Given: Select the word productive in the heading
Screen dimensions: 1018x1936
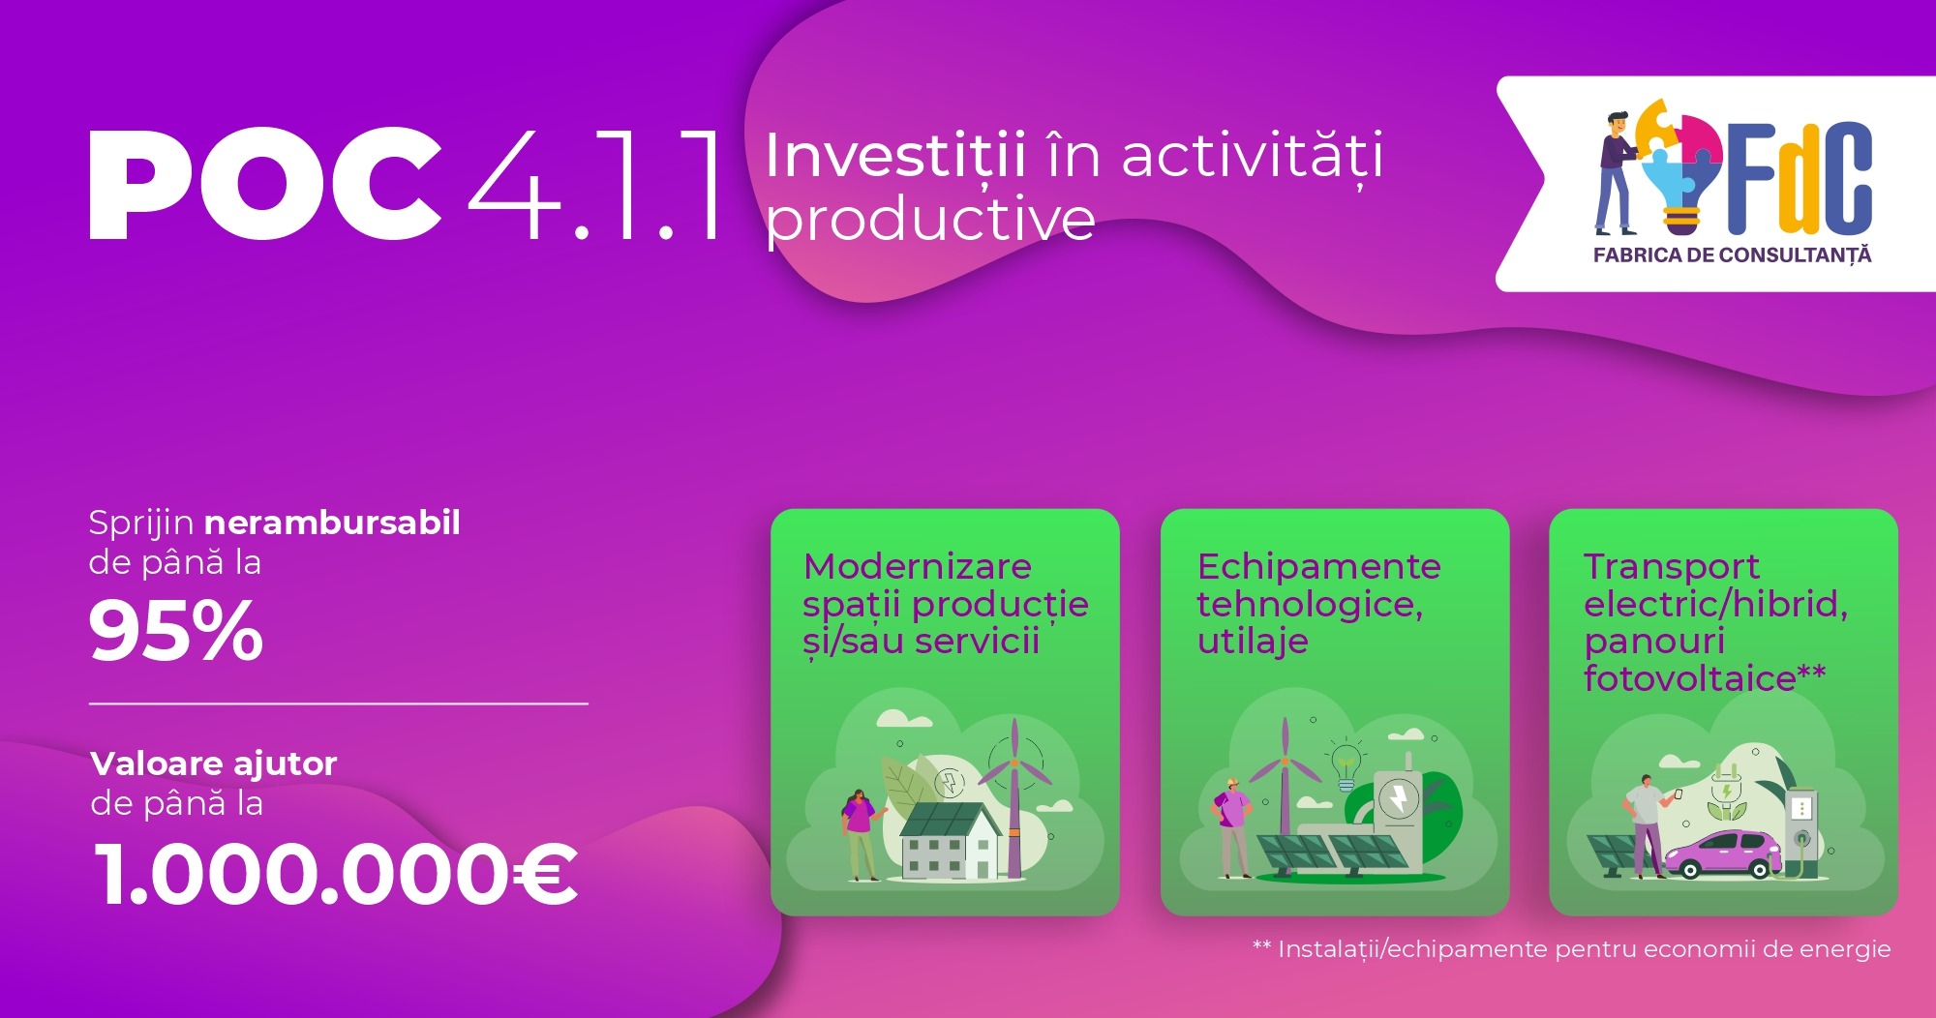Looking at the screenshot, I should tap(930, 221).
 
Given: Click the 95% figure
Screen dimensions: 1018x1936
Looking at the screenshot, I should tap(175, 631).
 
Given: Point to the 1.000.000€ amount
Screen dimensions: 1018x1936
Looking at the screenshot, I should tap(336, 875).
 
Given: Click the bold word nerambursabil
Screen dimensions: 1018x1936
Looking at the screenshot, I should tap(332, 523).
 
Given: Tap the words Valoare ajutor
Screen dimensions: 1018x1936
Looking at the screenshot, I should tap(213, 763).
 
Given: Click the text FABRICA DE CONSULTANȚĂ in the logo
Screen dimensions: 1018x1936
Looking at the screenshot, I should tap(1732, 255).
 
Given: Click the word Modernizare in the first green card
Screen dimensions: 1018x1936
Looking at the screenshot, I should tap(917, 566).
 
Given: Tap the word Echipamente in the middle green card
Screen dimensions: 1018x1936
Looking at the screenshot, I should tap(1318, 566).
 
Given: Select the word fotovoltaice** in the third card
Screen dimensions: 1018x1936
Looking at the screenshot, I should tap(1704, 678).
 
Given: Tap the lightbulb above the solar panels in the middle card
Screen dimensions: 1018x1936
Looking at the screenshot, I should tap(1346, 763).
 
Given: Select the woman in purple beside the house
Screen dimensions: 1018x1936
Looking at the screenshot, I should tap(859, 832).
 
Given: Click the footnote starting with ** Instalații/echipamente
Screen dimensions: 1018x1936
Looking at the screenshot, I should tap(1571, 949).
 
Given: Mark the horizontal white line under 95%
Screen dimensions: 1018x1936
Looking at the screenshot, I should tap(338, 704).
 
